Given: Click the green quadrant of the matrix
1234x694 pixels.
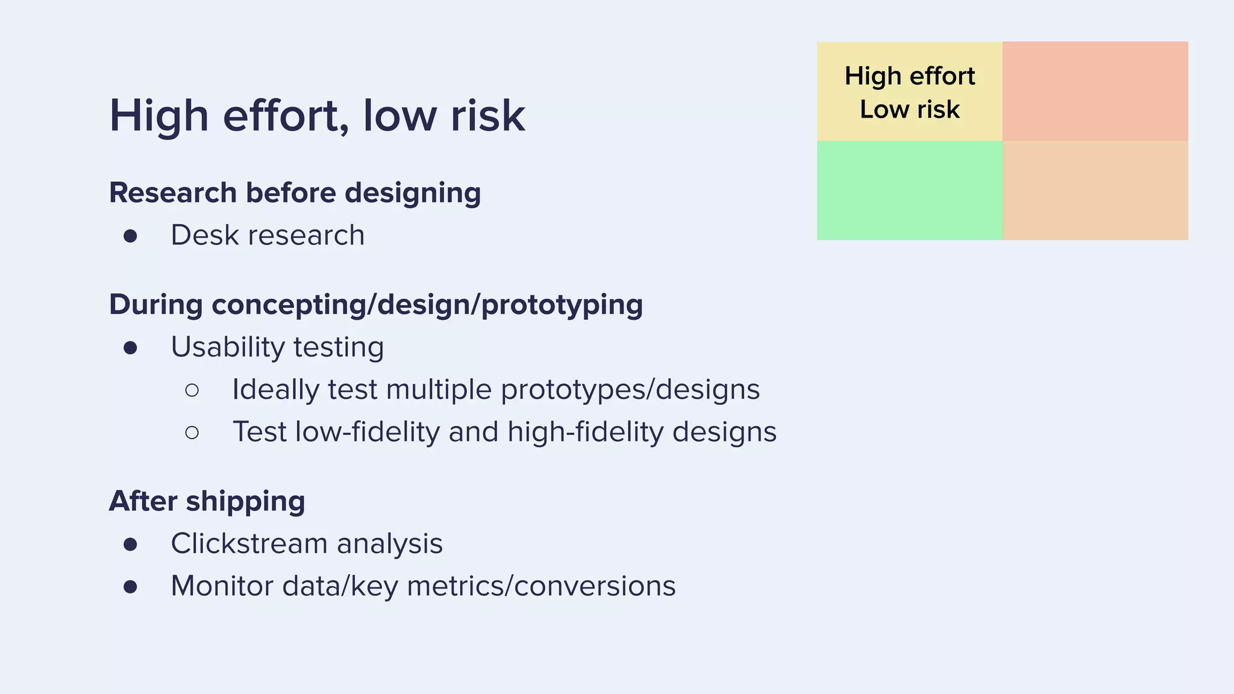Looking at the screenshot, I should click(x=909, y=190).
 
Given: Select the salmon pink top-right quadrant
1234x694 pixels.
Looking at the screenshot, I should click(x=1095, y=91).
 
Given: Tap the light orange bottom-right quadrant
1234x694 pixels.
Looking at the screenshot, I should click(x=1095, y=190).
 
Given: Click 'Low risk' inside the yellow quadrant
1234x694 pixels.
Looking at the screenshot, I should click(x=909, y=110).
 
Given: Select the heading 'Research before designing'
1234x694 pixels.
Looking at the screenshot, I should click(x=295, y=193).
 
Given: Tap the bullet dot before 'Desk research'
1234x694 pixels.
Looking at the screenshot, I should click(x=130, y=236).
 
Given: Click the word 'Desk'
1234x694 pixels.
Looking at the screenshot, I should click(x=205, y=235).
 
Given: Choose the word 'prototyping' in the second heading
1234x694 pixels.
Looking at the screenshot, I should click(x=562, y=305).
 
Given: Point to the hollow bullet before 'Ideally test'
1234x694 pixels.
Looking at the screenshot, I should click(x=192, y=390).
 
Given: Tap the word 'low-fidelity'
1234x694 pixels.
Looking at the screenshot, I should click(x=368, y=432).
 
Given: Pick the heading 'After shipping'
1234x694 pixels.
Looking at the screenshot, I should click(x=207, y=501).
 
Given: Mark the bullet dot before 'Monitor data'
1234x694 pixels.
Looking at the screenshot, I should click(x=130, y=586).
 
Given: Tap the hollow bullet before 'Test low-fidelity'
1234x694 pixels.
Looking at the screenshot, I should click(x=192, y=433).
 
